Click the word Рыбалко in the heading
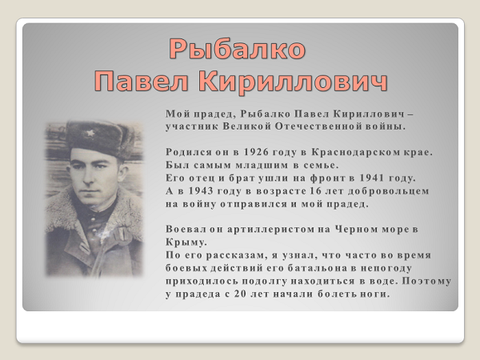click(x=238, y=49)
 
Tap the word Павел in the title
click(x=141, y=81)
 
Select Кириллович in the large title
click(x=293, y=82)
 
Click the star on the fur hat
click(x=90, y=133)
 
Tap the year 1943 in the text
click(x=200, y=190)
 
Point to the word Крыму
click(x=186, y=242)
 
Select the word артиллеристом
click(x=270, y=230)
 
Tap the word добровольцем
click(x=388, y=191)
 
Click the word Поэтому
click(x=426, y=281)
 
